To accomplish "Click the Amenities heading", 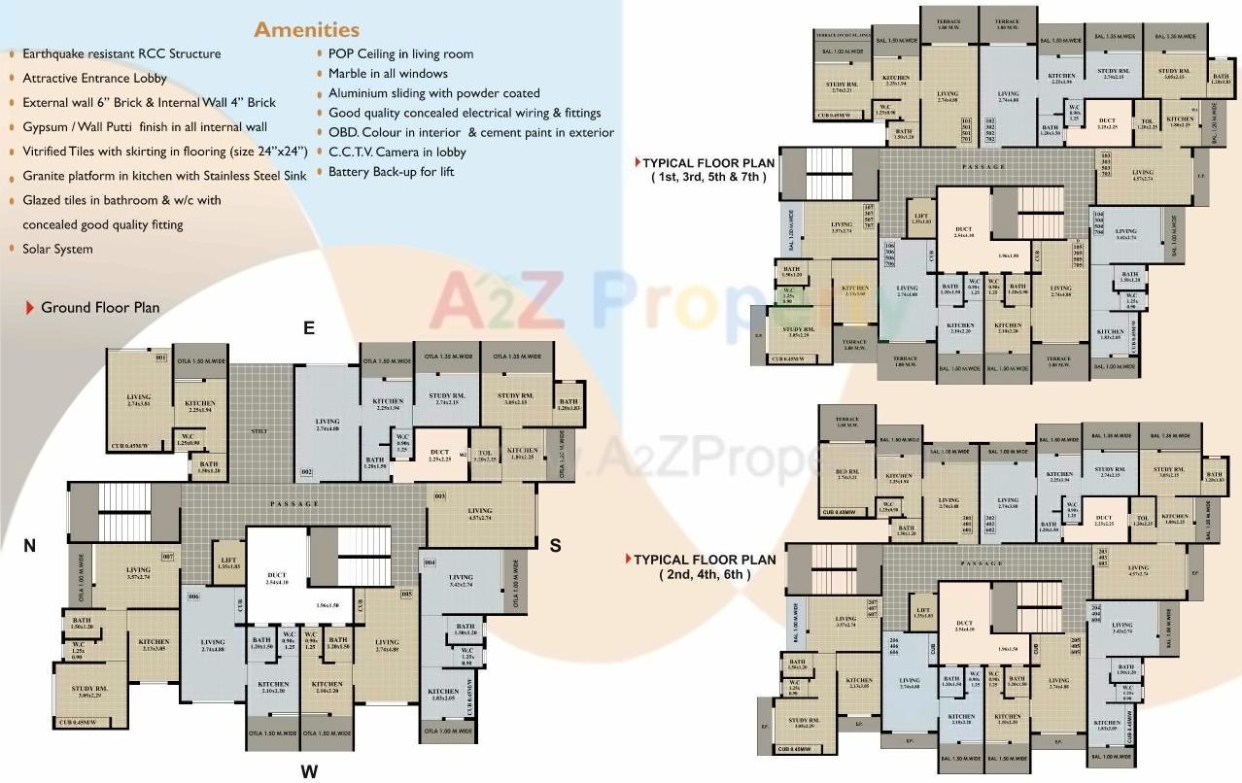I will coord(306,29).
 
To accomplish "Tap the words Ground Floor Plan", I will coord(100,308).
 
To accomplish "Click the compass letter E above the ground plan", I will coord(309,328).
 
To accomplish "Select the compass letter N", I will coord(30,546).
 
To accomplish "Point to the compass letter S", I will coord(555,546).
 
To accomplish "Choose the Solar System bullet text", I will coord(58,249).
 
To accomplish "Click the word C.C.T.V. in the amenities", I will coord(355,153).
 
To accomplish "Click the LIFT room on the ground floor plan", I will coord(228,562).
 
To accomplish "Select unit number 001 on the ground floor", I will coord(161,358).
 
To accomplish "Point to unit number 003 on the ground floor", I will coord(439,496).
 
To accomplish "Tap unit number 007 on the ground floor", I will coord(167,557).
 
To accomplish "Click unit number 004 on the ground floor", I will coord(431,562).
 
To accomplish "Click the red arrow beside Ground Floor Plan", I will coord(30,308).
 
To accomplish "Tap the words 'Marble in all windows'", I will coord(388,74).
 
